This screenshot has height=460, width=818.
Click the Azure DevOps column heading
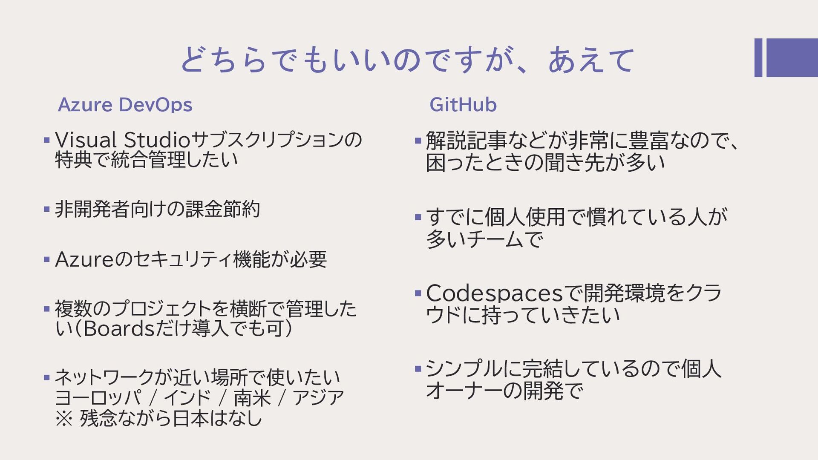click(x=125, y=105)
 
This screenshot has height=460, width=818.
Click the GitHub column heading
click(x=463, y=105)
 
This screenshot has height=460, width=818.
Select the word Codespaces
click(x=494, y=293)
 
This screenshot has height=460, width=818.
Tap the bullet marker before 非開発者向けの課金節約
click(x=47, y=209)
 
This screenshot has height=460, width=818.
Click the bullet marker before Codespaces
click(x=418, y=293)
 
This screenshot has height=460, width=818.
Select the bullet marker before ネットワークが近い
click(x=47, y=377)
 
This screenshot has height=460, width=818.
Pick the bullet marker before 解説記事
click(x=418, y=140)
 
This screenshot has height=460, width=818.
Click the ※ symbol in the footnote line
click(x=64, y=418)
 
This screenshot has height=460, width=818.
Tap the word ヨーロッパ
click(x=98, y=398)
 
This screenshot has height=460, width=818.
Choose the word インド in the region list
click(x=187, y=398)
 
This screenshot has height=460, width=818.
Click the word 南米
click(x=252, y=398)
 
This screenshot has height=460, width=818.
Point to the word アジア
click(x=318, y=398)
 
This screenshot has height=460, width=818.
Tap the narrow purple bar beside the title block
click(x=758, y=57)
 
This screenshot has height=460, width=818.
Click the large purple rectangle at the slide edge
click(x=792, y=57)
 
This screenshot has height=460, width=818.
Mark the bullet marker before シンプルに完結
click(x=418, y=368)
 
